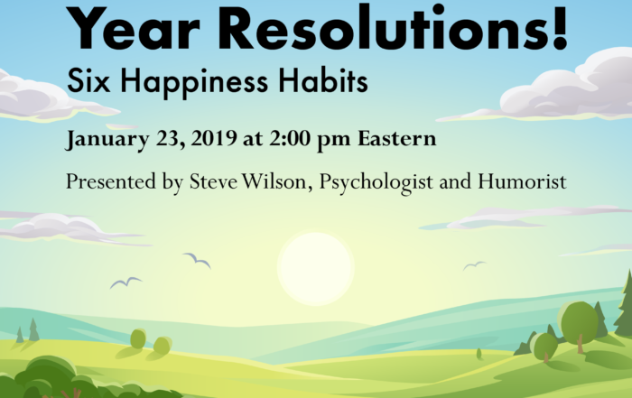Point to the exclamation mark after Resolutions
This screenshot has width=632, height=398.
coord(561,26)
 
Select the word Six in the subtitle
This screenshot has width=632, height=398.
coord(88,80)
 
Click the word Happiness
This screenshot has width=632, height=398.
coord(194,83)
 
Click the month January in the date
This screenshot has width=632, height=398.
coord(107,139)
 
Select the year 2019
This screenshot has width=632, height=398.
coord(214,138)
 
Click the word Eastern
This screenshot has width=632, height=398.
coord(397,138)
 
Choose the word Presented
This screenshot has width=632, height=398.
coord(111,180)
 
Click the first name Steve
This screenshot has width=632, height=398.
coord(214,180)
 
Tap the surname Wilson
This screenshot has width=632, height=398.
coord(277,181)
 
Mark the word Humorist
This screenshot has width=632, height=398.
coord(523,180)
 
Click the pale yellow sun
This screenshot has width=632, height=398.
coord(316,268)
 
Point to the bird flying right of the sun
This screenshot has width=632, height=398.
coord(474,265)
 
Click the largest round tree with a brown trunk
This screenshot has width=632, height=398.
coord(580,327)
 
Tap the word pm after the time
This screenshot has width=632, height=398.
coord(334,140)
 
